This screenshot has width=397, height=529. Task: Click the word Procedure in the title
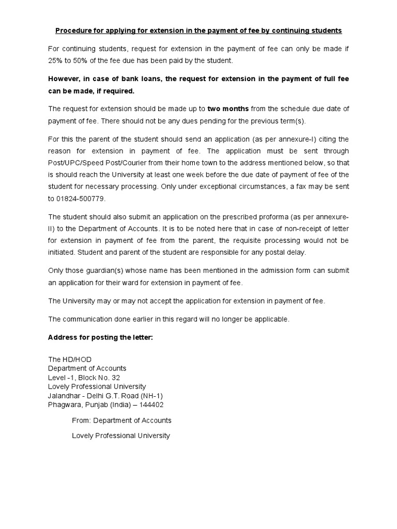point(72,30)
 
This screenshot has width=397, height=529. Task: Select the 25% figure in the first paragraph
point(56,60)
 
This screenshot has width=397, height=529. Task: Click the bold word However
point(65,79)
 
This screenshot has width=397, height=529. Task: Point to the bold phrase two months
point(228,108)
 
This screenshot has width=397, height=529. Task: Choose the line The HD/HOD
point(70,359)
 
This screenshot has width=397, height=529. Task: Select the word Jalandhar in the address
point(65,396)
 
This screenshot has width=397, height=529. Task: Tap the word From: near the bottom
point(82,420)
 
